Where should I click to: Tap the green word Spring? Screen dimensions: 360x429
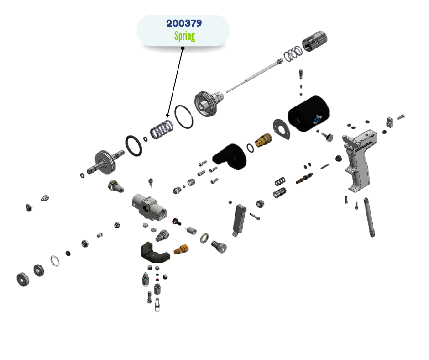(x=184, y=36)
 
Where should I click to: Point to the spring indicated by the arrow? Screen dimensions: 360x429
(x=162, y=129)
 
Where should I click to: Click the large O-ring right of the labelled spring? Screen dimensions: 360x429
(x=184, y=117)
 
